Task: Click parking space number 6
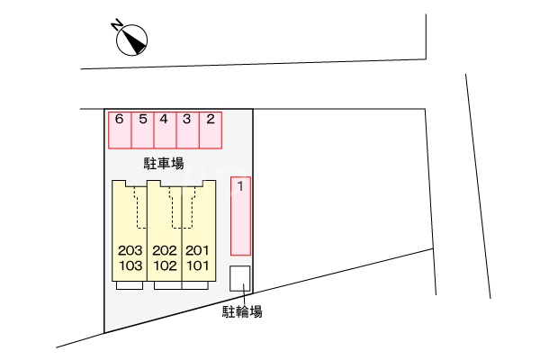[120, 130]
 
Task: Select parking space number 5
[142, 130]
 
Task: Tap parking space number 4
[166, 130]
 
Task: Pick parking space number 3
[188, 130]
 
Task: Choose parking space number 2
[211, 130]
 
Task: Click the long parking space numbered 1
[240, 216]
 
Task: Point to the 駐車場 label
[164, 163]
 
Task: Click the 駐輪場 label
[242, 311]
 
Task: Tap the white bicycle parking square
[239, 278]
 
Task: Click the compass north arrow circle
[132, 40]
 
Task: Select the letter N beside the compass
[117, 25]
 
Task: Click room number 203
[130, 250]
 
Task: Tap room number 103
[130, 265]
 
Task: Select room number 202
[165, 250]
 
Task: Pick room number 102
[165, 265]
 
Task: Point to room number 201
[197, 250]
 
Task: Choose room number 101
[198, 265]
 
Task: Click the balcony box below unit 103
[130, 285]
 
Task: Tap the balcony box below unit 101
[195, 285]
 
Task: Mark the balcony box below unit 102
[168, 285]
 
